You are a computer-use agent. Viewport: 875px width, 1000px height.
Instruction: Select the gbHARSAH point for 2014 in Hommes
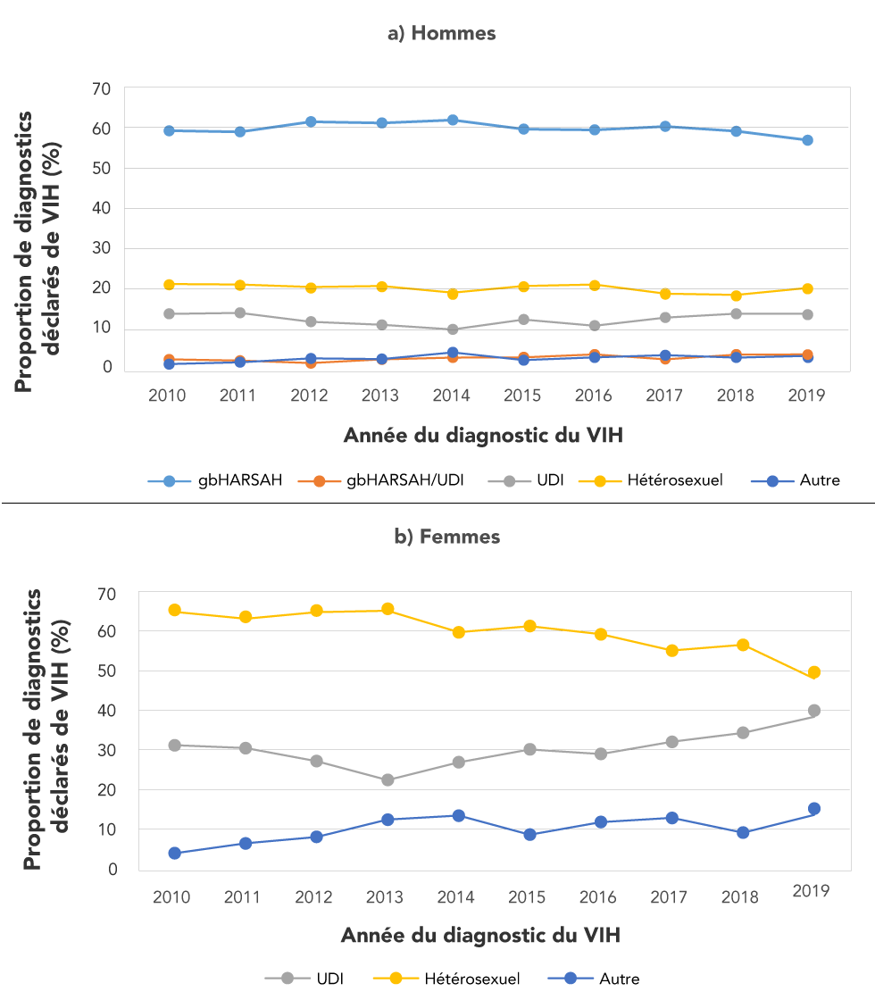[453, 120]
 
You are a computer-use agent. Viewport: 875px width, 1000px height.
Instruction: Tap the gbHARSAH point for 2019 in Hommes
[807, 140]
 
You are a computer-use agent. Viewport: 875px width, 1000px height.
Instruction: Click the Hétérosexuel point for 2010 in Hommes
[168, 284]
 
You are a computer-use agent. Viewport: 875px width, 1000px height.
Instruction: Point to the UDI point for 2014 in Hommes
[453, 329]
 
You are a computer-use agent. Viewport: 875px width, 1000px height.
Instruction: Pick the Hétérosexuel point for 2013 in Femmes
[387, 609]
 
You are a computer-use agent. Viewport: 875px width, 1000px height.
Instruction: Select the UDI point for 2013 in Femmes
[387, 779]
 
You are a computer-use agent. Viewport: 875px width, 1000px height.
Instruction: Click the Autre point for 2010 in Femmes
[175, 853]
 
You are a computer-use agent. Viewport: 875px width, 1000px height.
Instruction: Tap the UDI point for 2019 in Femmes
[814, 711]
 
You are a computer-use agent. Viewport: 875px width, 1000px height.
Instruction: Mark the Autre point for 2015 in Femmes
[529, 835]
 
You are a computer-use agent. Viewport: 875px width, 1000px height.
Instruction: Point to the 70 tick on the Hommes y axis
[101, 88]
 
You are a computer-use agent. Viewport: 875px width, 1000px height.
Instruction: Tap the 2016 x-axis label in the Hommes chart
[595, 395]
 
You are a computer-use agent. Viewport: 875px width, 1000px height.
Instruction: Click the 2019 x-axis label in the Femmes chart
[811, 891]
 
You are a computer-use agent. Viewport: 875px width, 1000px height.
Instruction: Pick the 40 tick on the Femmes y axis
[107, 711]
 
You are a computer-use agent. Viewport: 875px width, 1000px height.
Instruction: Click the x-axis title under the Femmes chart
[480, 936]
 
